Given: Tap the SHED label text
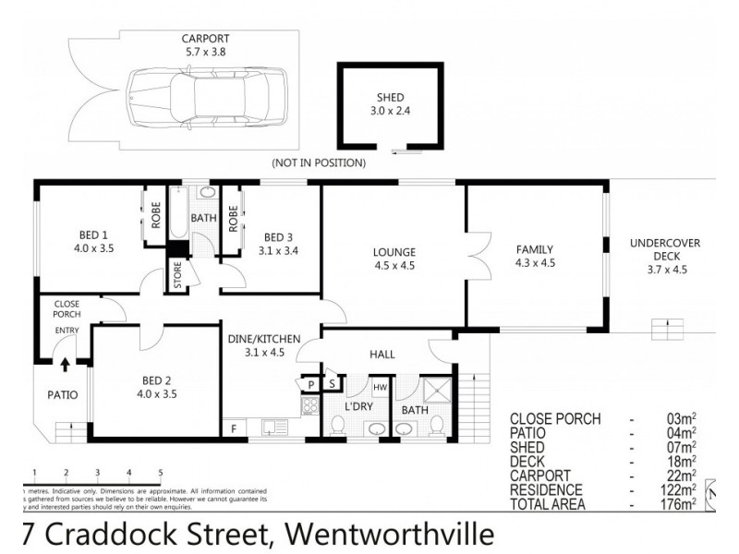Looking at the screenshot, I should tap(390, 98).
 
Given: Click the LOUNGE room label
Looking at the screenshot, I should tap(394, 252).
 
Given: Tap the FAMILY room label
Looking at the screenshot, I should tap(535, 249).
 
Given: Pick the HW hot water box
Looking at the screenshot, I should tap(380, 387).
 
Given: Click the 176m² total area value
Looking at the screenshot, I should tap(678, 504).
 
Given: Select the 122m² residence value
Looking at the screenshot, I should tap(678, 489).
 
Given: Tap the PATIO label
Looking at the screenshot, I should tap(63, 395).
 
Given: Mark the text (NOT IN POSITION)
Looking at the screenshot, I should tap(319, 163).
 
